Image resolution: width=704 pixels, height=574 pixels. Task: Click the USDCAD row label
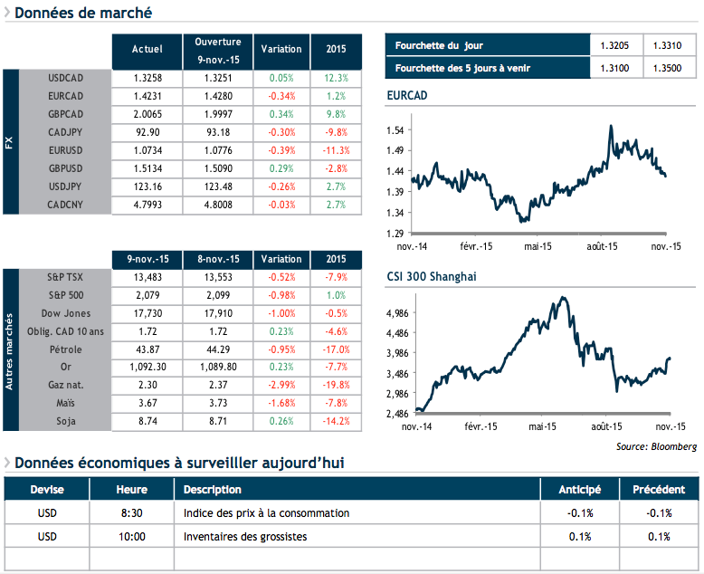(65, 78)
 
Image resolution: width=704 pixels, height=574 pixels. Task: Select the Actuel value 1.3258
(147, 78)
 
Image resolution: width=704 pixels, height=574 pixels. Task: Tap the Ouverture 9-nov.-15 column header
(218, 50)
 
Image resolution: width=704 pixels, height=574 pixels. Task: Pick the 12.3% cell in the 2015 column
(335, 78)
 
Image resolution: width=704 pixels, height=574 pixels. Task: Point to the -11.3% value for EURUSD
(335, 149)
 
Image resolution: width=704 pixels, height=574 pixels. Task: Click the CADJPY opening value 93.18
(218, 132)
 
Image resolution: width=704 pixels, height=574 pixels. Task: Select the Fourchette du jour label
(435, 46)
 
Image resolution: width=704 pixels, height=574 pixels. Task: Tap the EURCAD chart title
(406, 95)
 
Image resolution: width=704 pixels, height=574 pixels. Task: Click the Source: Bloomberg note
(656, 446)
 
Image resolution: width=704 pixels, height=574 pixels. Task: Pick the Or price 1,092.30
(147, 368)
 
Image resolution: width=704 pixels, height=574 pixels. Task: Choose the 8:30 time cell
(132, 513)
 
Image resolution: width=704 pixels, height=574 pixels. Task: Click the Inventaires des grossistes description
(244, 537)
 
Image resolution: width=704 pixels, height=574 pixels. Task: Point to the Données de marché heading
(83, 13)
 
